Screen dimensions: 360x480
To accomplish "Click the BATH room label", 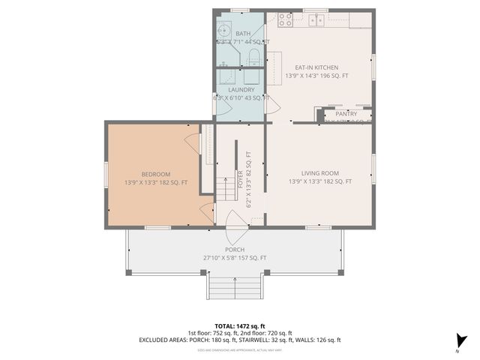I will (x=243, y=34).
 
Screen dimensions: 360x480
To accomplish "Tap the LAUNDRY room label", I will (x=241, y=89).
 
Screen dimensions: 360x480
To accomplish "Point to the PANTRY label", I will (x=346, y=114).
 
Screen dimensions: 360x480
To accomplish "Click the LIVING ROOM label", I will (x=319, y=172).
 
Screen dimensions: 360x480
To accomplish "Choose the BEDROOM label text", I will (x=156, y=174).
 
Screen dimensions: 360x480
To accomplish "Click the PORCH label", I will (x=234, y=250).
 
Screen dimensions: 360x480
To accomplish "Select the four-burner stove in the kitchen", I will (x=286, y=19).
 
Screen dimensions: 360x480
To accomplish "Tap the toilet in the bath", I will (x=253, y=58).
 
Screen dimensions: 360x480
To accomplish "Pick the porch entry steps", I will (x=234, y=286).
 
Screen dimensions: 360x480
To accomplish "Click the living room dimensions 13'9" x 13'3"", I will (x=319, y=181).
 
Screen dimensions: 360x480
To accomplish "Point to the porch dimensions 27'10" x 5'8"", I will (x=234, y=258).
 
